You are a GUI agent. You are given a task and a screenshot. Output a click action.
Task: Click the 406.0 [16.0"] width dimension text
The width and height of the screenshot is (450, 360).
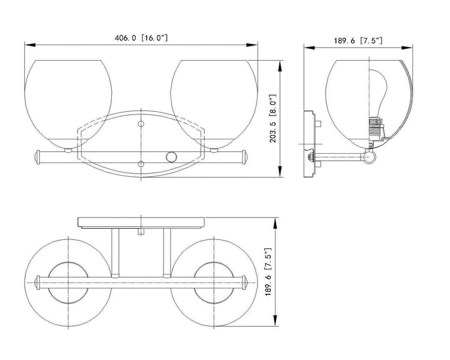click(141, 37)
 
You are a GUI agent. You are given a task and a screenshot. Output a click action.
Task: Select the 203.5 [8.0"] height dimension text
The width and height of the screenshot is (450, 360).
click(273, 118)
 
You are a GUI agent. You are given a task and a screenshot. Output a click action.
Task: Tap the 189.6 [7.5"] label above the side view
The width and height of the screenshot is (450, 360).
click(358, 41)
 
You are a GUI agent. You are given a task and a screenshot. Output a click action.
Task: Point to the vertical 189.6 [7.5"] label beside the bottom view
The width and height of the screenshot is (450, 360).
click(268, 271)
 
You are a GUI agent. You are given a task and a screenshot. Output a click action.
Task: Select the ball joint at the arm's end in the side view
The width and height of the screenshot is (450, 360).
click(369, 157)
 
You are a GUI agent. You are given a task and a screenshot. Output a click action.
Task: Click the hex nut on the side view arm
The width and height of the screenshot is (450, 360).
click(309, 157)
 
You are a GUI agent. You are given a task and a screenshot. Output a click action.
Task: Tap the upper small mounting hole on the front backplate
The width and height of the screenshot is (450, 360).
click(141, 124)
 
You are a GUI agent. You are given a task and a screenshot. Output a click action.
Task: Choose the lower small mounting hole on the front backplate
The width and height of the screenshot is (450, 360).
click(141, 164)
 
